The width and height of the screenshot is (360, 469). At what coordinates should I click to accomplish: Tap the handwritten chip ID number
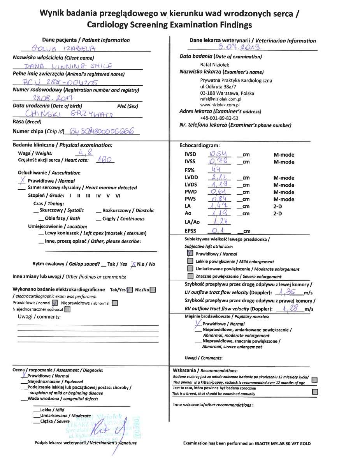click(x=104, y=132)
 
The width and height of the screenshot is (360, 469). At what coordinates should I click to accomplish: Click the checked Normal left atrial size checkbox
click(x=190, y=254)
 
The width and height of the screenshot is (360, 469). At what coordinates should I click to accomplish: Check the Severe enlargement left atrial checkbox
click(x=190, y=276)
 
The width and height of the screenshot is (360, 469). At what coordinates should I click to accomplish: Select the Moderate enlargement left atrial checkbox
click(x=190, y=269)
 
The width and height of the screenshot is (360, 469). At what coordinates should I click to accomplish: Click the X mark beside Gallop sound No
click(x=133, y=264)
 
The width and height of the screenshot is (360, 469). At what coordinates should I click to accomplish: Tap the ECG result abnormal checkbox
click(x=115, y=303)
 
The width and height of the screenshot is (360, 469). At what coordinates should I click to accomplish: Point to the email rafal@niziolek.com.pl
click(x=221, y=99)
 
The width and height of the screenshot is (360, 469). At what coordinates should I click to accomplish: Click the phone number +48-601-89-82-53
click(x=219, y=118)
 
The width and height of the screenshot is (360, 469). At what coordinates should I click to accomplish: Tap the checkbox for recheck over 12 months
click(x=314, y=380)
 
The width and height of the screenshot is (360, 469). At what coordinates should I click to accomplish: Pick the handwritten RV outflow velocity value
click(x=289, y=308)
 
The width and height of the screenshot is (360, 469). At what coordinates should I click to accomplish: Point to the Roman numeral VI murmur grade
click(x=118, y=195)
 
